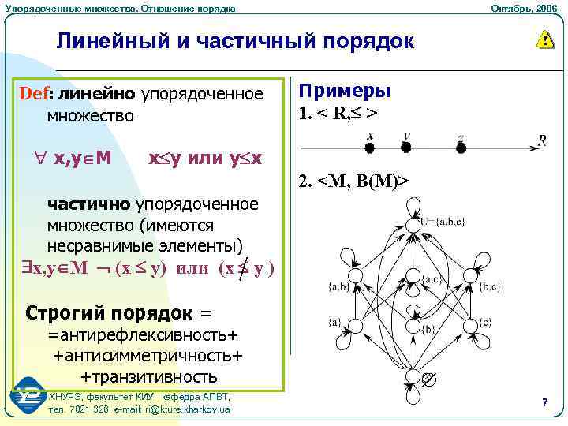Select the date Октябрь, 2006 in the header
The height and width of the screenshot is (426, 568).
[x=523, y=8]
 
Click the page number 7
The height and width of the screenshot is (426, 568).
[x=544, y=403]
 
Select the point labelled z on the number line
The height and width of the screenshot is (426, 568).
[x=461, y=147]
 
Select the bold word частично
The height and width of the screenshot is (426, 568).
[x=90, y=204]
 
